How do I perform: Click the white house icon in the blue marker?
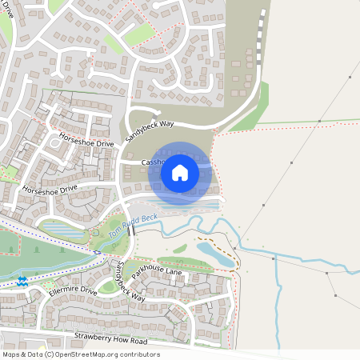180,172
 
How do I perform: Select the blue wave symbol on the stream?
22,280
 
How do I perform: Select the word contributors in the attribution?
138,354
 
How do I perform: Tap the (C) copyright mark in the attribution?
50,354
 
